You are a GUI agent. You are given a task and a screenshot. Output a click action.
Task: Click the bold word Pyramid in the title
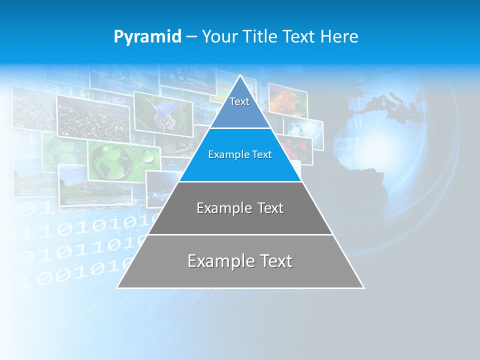click(x=147, y=37)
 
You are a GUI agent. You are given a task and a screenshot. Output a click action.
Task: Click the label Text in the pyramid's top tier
click(x=239, y=102)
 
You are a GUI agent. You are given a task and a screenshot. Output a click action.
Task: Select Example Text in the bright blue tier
click(x=240, y=155)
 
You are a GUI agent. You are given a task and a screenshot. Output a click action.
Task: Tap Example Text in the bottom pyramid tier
click(x=240, y=261)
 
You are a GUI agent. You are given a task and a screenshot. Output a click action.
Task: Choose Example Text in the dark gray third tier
click(x=240, y=208)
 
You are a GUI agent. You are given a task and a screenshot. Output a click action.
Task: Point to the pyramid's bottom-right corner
click(x=363, y=287)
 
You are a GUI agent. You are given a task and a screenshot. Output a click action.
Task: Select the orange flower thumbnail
click(x=287, y=100)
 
